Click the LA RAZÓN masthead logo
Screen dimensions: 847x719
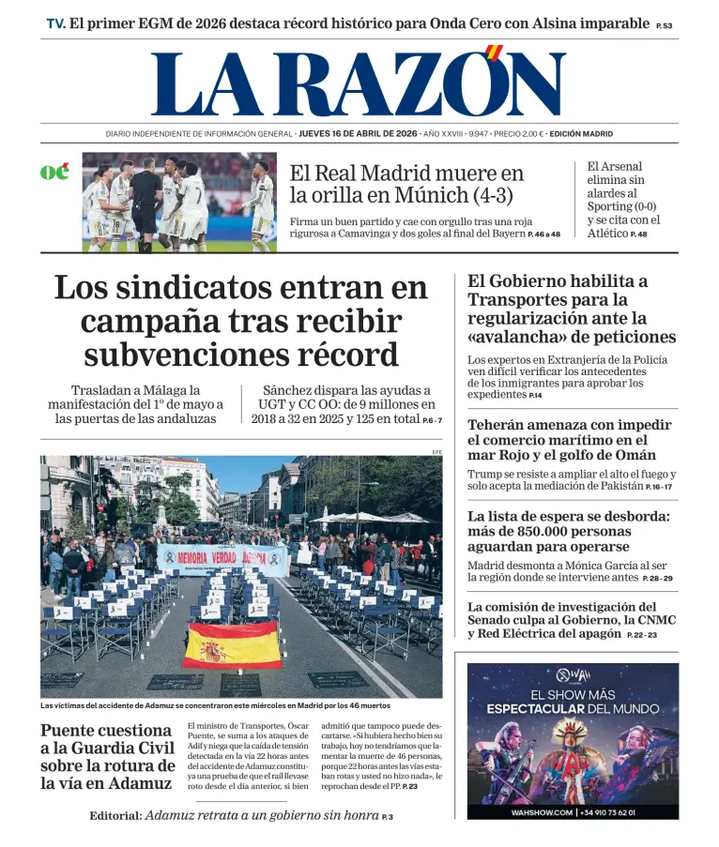coord(359,83)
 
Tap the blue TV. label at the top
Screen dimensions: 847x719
coord(55,23)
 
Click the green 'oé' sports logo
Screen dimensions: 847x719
coord(54,173)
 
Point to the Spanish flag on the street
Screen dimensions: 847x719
coord(231,645)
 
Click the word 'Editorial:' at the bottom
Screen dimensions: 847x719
coord(116,816)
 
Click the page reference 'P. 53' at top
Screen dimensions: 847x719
coord(664,26)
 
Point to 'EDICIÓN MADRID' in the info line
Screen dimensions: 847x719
coord(581,134)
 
